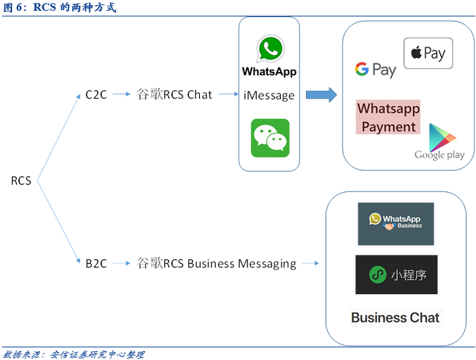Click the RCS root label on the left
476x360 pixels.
coord(21,181)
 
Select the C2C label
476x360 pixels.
coord(97,95)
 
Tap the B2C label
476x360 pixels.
coord(97,263)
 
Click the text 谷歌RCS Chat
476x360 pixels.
coord(175,95)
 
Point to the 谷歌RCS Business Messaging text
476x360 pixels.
coord(216,263)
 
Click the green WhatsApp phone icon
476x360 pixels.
coord(269,49)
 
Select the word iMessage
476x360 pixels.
coord(269,95)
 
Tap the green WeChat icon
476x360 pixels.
coord(270,138)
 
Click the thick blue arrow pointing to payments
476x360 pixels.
coord(321,95)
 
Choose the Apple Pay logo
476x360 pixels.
coord(428,54)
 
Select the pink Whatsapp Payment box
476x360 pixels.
coord(388,117)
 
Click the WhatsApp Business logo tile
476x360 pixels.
coord(396,224)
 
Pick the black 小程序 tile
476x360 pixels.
coord(396,275)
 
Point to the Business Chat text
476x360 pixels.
coord(395,317)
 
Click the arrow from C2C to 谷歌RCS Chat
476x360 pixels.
coord(121,95)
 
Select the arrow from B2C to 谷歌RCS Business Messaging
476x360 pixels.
coord(121,263)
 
